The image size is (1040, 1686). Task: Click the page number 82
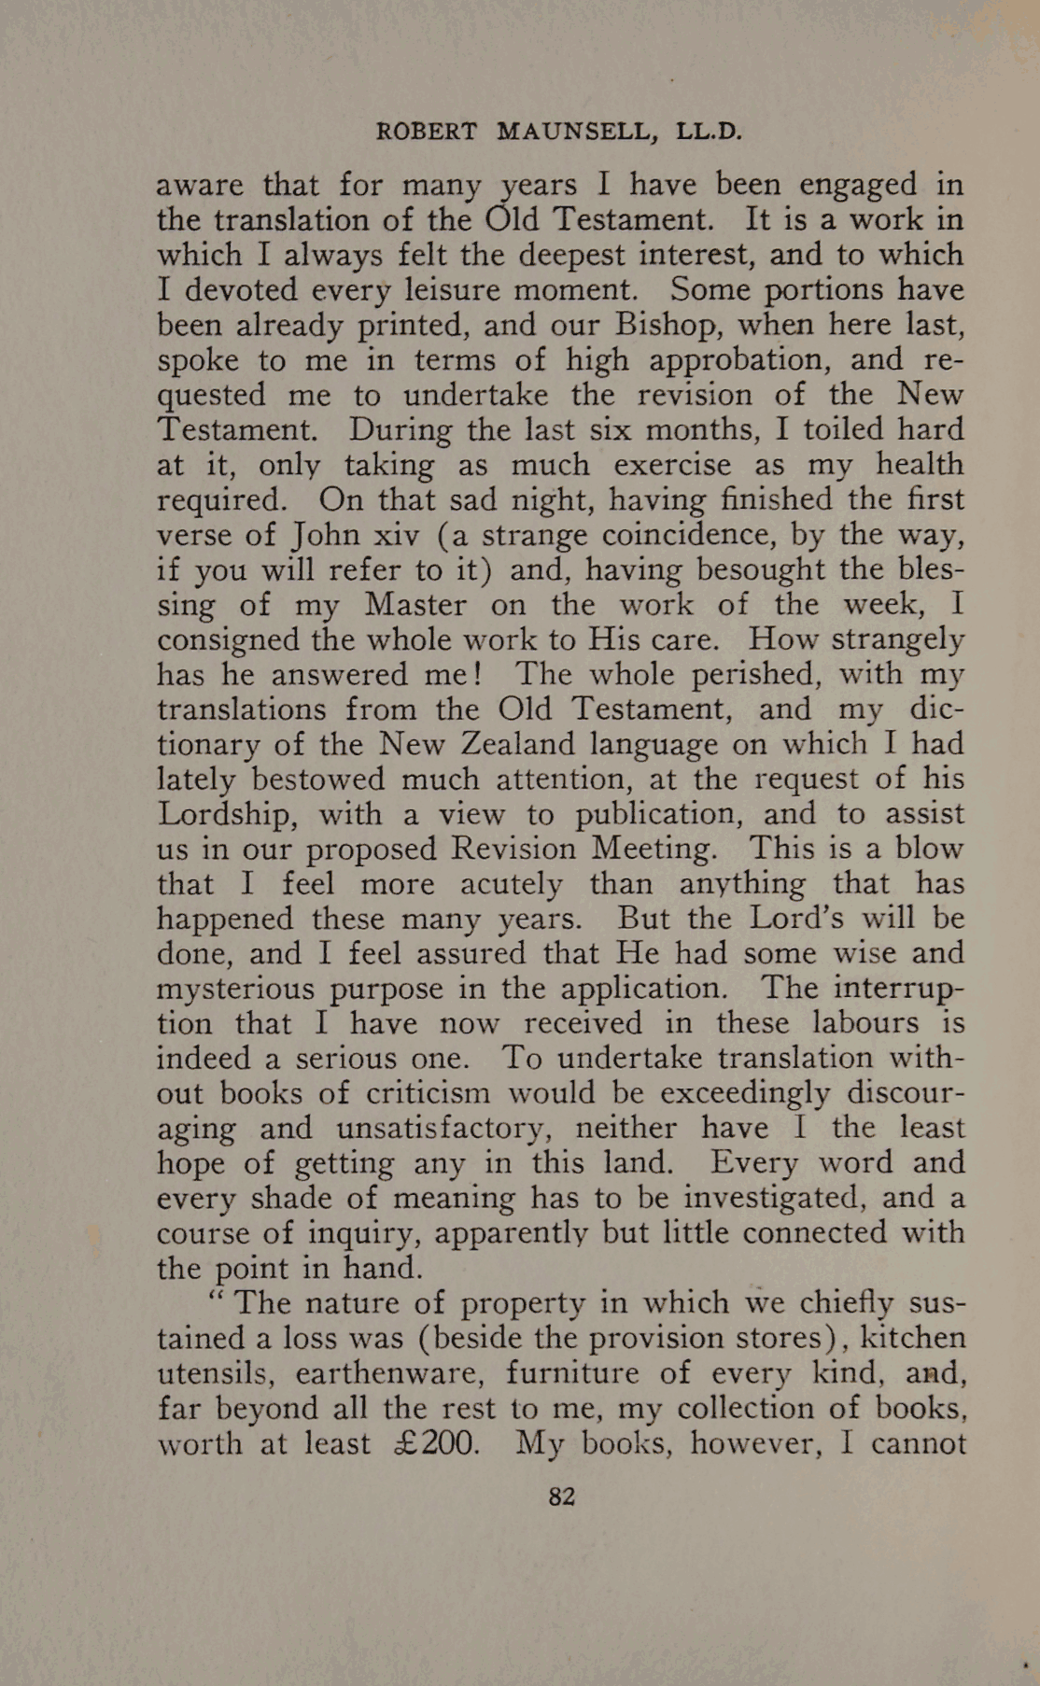click(561, 1496)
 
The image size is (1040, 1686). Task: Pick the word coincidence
click(688, 535)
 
